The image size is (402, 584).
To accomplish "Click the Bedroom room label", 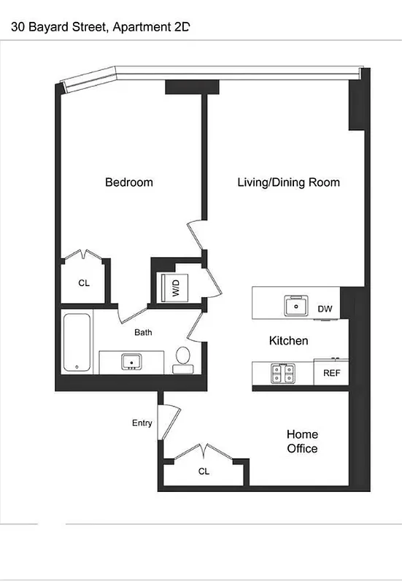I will (129, 182).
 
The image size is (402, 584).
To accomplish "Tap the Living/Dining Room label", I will (288, 182).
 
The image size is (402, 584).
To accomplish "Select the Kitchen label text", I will (288, 340).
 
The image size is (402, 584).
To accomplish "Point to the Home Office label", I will (301, 441).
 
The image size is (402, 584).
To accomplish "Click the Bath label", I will (143, 332).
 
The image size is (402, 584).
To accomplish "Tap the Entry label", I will (142, 423).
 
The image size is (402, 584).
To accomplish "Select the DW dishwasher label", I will (325, 310).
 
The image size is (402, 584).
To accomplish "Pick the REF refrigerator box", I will (331, 373).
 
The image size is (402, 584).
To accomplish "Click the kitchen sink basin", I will (296, 305).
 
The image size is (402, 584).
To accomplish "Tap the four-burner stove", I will (282, 374).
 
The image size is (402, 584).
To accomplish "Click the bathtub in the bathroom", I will (76, 342).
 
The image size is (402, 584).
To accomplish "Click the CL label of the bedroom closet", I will (84, 283).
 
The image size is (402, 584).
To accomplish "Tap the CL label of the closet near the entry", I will (204, 472).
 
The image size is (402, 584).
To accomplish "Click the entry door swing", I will (170, 421).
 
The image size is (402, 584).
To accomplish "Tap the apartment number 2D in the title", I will (182, 27).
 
